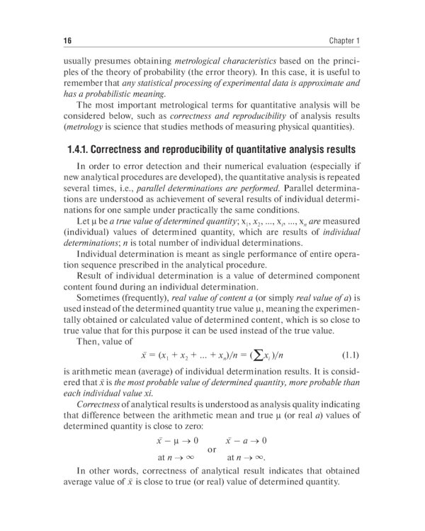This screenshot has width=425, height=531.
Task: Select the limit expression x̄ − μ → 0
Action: (177, 442)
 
